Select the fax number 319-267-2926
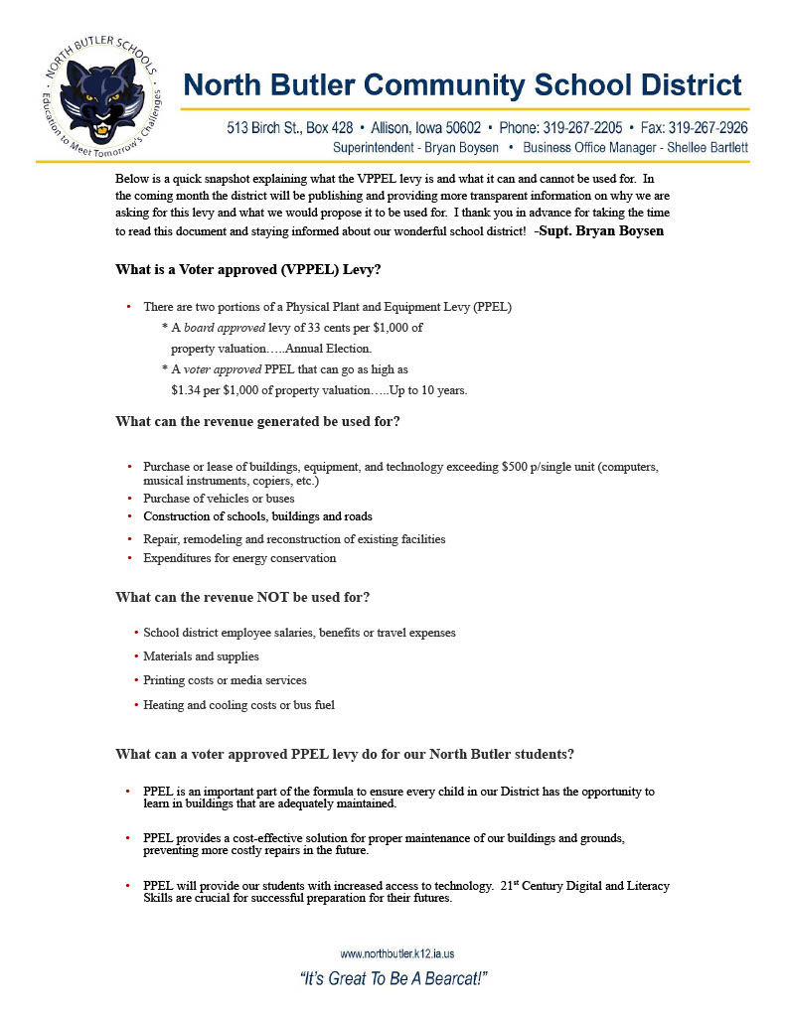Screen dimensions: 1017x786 click(x=708, y=128)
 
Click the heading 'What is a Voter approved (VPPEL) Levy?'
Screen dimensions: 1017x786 click(x=248, y=269)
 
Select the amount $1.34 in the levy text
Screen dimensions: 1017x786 click(x=186, y=390)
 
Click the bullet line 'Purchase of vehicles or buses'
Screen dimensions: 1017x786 click(x=219, y=499)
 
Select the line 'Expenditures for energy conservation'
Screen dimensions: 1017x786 click(x=239, y=558)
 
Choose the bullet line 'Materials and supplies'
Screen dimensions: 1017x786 click(x=201, y=656)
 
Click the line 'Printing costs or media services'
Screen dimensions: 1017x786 click(x=225, y=680)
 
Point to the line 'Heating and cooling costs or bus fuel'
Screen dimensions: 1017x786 click(x=238, y=705)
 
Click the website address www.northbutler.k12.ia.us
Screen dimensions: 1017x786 click(x=397, y=953)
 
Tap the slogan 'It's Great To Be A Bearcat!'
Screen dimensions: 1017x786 click(x=393, y=979)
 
